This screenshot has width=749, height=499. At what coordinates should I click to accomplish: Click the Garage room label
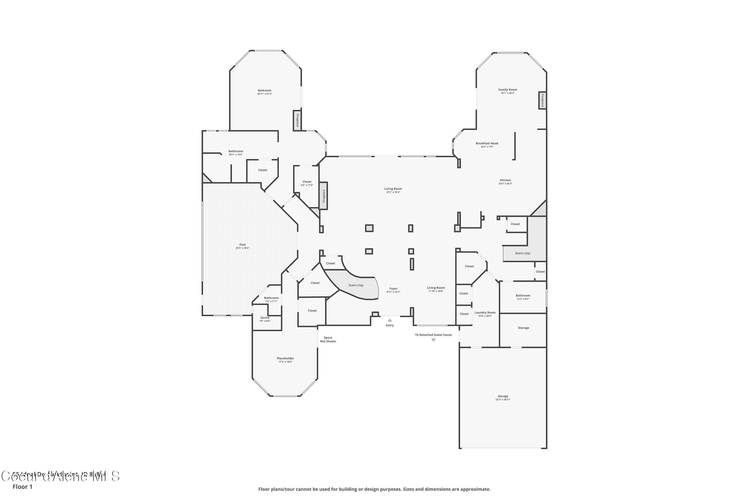(503, 396)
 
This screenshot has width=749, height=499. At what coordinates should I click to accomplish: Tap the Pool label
(242, 245)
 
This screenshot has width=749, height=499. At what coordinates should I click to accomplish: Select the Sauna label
(265, 318)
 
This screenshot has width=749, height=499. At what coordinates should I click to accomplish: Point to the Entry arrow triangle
(389, 320)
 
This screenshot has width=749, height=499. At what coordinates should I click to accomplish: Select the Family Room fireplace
(542, 100)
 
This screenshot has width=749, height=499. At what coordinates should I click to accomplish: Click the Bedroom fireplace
(297, 120)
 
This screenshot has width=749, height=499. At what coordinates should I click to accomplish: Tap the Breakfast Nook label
(487, 143)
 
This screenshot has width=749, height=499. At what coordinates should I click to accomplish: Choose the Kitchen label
(505, 180)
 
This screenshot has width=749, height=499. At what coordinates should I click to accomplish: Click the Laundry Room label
(485, 313)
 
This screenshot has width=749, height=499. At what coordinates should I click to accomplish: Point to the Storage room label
(523, 328)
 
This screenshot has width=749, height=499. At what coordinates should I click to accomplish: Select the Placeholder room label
(285, 358)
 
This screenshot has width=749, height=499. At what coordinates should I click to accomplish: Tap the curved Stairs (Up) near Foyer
(356, 285)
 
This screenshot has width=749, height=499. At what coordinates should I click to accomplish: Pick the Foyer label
(393, 289)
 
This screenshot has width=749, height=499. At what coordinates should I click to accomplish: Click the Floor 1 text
(22, 487)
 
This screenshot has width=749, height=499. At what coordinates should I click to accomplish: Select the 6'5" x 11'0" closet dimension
(307, 185)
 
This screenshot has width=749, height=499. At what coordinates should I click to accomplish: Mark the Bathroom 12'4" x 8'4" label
(523, 296)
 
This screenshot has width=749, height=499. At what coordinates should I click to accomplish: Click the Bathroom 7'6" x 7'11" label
(271, 298)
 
